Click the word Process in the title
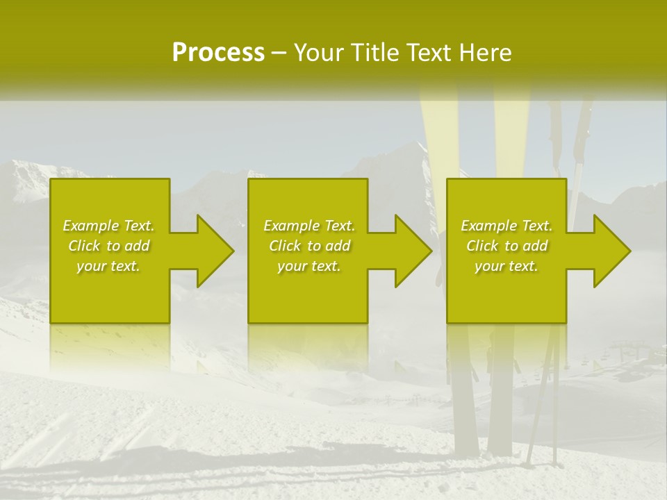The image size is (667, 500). pyautogui.click(x=218, y=53)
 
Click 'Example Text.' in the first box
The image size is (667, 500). pyautogui.click(x=109, y=226)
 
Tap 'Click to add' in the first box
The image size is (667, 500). pyautogui.click(x=109, y=246)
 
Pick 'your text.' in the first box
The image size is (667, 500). pyautogui.click(x=109, y=266)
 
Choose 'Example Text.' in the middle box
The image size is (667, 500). pyautogui.click(x=309, y=226)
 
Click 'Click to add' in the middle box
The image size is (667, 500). pyautogui.click(x=309, y=246)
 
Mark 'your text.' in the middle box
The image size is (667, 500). pyautogui.click(x=309, y=266)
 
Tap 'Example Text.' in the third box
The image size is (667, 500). pyautogui.click(x=507, y=226)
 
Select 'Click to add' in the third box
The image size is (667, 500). pyautogui.click(x=507, y=246)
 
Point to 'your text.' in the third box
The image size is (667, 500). pyautogui.click(x=507, y=266)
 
